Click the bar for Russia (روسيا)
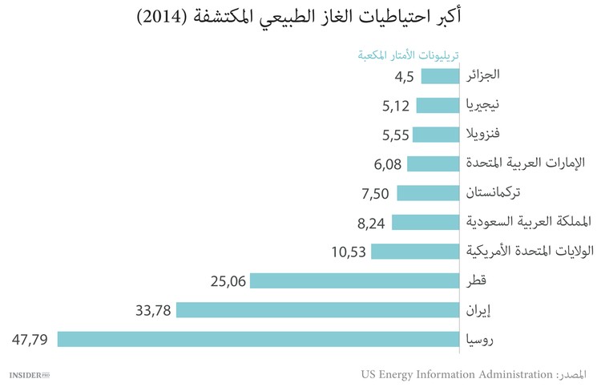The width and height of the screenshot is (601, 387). coord(257,339)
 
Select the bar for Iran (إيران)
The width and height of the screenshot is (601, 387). coord(317,310)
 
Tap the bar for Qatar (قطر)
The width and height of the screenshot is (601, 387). coord(354,280)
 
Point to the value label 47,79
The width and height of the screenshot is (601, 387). coord(30,340)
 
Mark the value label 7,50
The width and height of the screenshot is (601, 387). coord(375,193)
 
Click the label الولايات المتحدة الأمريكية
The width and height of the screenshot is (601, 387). coord(530,251)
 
